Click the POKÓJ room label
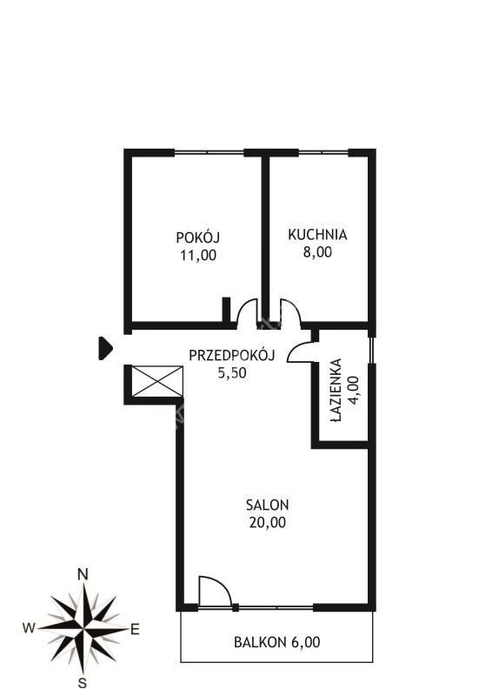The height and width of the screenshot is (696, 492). pyautogui.click(x=198, y=237)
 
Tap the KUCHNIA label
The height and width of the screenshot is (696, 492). pyautogui.click(x=317, y=234)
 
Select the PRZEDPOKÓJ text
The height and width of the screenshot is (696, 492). pyautogui.click(x=232, y=355)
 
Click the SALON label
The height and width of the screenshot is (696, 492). pyautogui.click(x=268, y=505)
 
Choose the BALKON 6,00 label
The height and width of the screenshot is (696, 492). pyautogui.click(x=276, y=642)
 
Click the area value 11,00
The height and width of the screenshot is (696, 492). pyautogui.click(x=198, y=255)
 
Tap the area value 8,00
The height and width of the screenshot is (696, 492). pyautogui.click(x=317, y=252)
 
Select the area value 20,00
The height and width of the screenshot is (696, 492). pyautogui.click(x=268, y=523)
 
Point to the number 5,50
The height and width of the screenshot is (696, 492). pyautogui.click(x=232, y=373)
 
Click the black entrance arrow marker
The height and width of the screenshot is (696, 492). pyautogui.click(x=104, y=348)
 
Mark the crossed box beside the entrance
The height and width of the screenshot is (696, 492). pyautogui.click(x=157, y=381)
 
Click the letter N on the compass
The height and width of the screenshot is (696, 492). pyautogui.click(x=83, y=574)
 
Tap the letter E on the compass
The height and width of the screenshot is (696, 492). pyautogui.click(x=135, y=629)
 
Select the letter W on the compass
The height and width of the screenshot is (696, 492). pyautogui.click(x=29, y=627)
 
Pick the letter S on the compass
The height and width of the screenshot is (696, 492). pyautogui.click(x=82, y=682)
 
